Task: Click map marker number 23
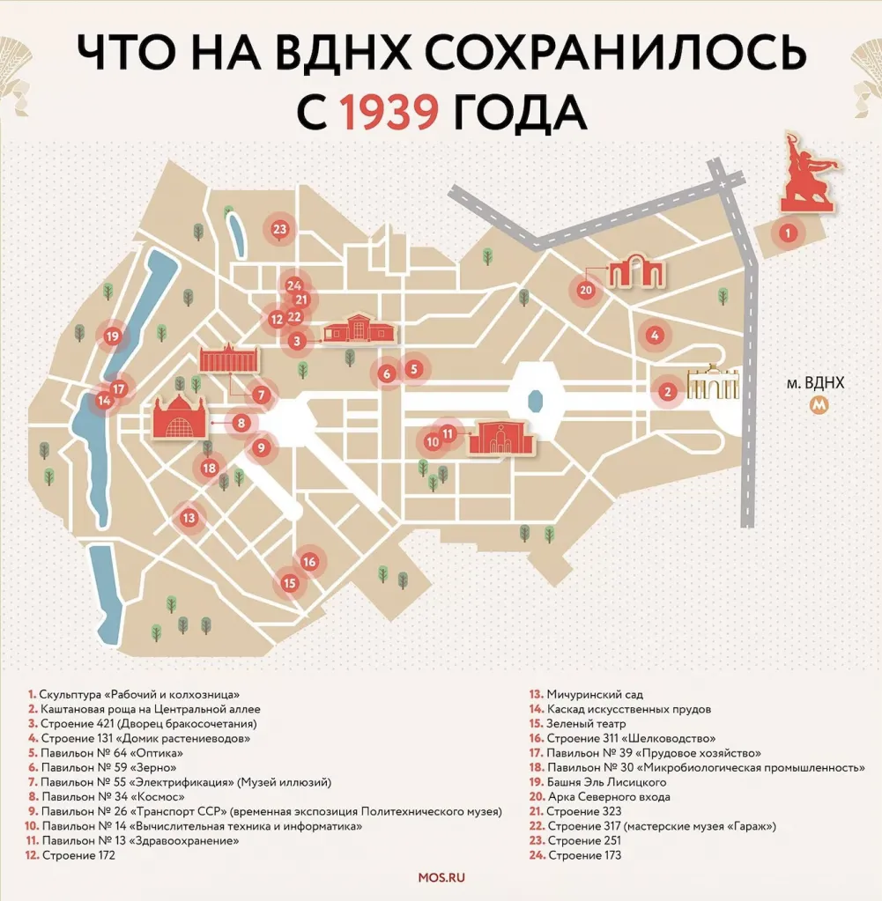pos(280,230)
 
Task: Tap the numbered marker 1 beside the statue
pos(789,233)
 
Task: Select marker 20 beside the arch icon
pos(586,289)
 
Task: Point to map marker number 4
pos(654,335)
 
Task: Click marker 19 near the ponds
pos(112,336)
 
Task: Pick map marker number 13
pos(188,518)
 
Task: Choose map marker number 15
pos(290,582)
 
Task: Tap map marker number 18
pos(209,469)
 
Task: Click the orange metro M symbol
pos(820,406)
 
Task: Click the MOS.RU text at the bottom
pos(441,877)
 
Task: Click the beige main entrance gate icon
pos(713,384)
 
